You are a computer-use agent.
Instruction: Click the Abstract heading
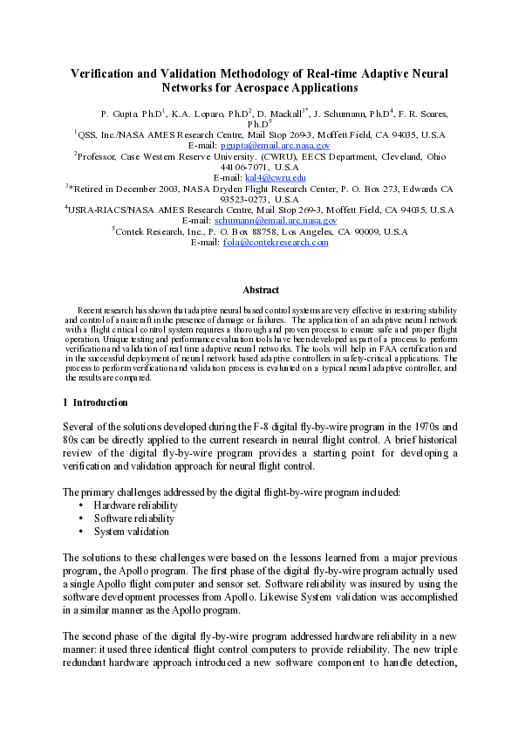(260, 290)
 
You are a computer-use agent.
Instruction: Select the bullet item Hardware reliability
(135, 505)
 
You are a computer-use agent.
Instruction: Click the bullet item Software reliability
(133, 519)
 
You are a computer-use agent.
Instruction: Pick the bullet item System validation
(131, 532)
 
